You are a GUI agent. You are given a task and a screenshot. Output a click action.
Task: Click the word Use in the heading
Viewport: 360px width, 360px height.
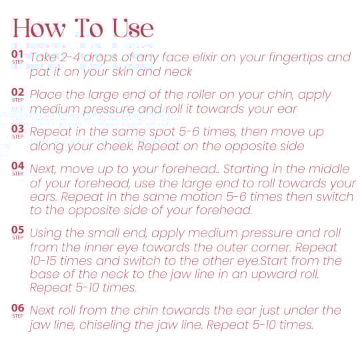click(x=133, y=28)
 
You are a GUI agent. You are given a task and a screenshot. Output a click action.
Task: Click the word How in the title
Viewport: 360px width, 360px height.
click(x=39, y=28)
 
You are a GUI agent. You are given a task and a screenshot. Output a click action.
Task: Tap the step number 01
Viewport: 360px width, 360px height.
click(x=17, y=54)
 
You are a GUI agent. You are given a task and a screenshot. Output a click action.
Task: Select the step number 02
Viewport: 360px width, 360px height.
click(x=18, y=92)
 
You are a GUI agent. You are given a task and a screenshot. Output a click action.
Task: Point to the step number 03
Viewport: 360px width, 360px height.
click(x=18, y=129)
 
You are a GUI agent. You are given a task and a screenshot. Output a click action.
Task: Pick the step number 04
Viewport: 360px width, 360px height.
click(x=18, y=166)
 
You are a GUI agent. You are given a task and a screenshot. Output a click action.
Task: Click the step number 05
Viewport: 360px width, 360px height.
click(x=18, y=229)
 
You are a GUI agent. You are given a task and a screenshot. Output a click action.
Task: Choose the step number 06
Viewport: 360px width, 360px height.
click(x=18, y=308)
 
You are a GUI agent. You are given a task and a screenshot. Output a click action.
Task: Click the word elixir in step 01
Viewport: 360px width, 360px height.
click(x=205, y=57)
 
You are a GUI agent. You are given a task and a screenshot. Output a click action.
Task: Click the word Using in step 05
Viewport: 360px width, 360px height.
click(x=46, y=233)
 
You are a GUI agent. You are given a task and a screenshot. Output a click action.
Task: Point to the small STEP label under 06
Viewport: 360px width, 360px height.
click(x=18, y=316)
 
